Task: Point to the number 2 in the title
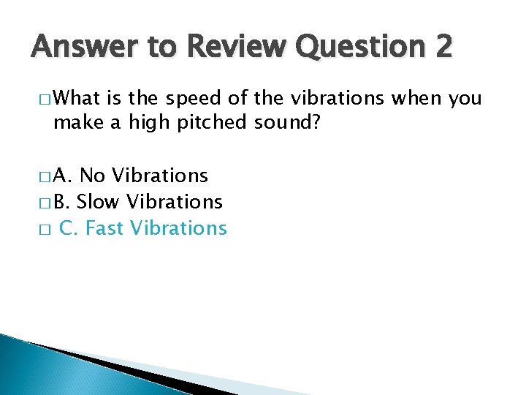click(443, 49)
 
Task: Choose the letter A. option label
click(63, 176)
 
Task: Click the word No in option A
click(92, 176)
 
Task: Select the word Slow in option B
click(99, 201)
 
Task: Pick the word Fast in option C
click(104, 228)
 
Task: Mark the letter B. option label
click(61, 201)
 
